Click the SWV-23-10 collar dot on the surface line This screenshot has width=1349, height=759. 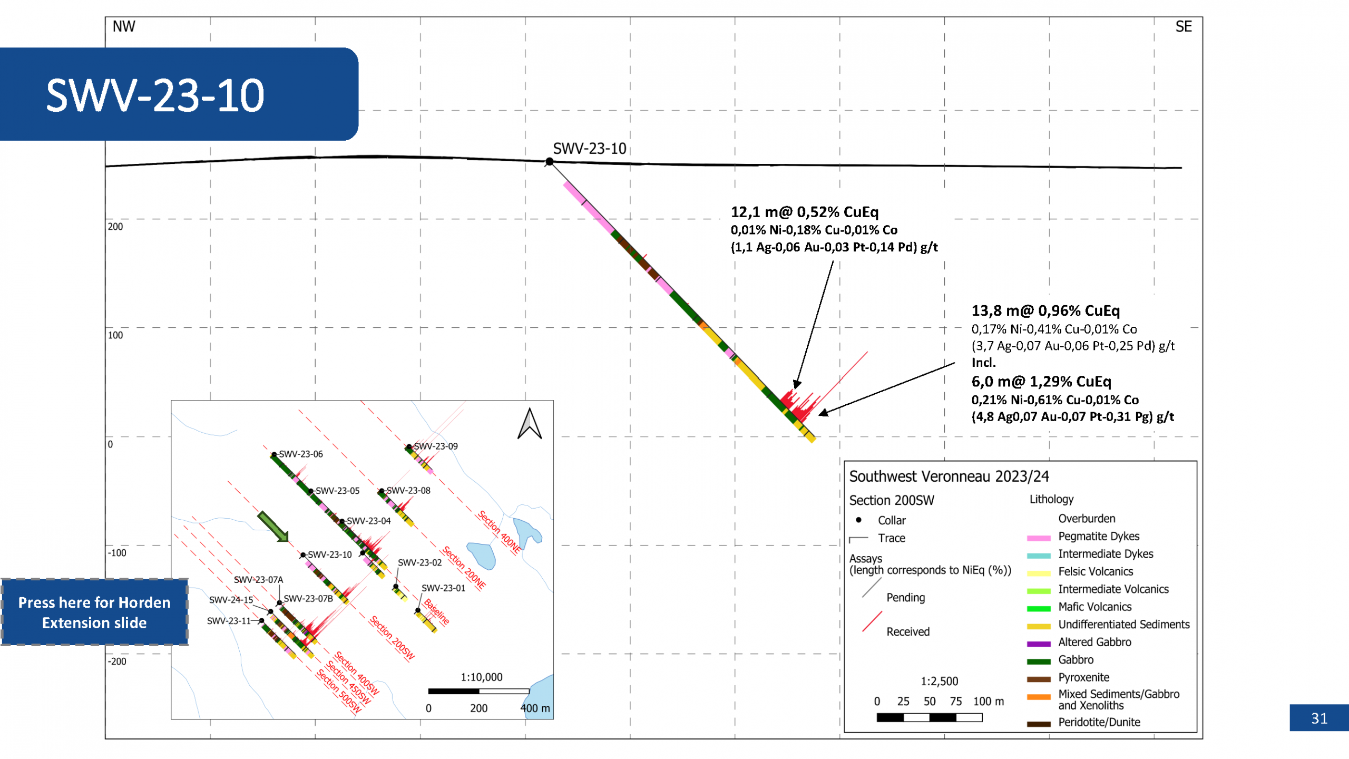pos(549,161)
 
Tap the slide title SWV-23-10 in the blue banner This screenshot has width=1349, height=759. pos(155,95)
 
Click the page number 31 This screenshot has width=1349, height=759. pos(1319,718)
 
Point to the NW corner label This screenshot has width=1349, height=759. pos(124,26)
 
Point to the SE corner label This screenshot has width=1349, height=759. pos(1184,26)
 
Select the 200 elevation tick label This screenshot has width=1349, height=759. pos(115,227)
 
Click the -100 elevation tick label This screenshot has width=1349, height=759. pos(117,553)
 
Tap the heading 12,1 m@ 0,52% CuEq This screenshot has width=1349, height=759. pos(805,212)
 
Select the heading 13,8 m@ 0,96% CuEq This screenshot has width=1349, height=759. pos(1045,310)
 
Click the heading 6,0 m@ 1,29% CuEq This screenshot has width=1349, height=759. pos(1041,381)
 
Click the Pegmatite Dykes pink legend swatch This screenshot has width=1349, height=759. pos(1039,538)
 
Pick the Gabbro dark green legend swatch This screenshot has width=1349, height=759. pos(1039,661)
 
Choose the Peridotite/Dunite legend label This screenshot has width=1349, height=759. pos(1099,722)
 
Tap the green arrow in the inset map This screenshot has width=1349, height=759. pos(273,526)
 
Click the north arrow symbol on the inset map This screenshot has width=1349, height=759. pos(530,423)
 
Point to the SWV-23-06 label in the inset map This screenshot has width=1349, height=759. pos(301,454)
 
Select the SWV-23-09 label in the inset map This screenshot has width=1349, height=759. pos(436,446)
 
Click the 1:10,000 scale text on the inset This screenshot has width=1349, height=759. pos(482,677)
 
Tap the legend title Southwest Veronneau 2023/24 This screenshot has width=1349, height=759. pos(949,476)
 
